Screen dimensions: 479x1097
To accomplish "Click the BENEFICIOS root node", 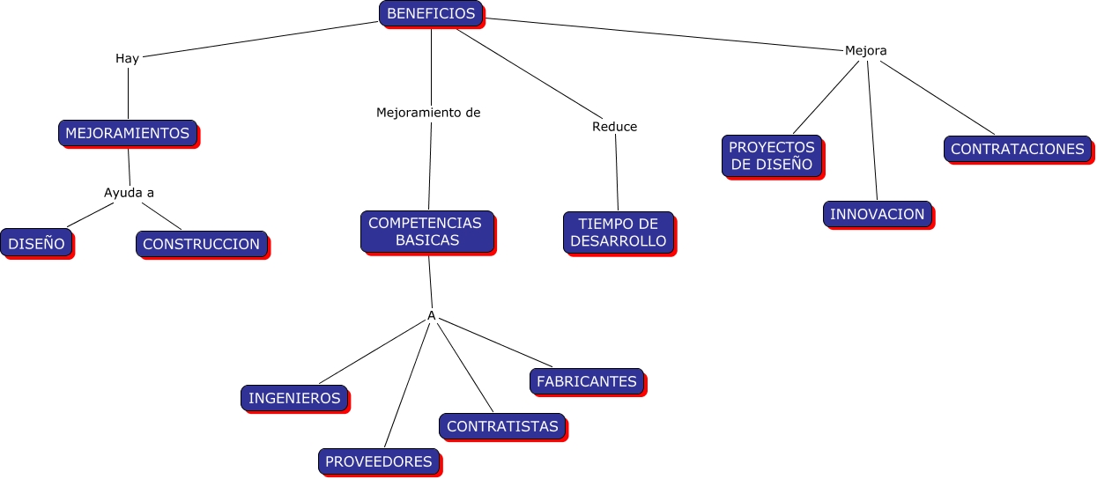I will (x=431, y=13).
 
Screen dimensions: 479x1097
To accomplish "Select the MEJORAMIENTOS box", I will (x=127, y=133).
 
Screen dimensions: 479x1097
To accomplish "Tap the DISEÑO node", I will (x=36, y=243).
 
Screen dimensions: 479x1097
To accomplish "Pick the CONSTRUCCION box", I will (x=201, y=244).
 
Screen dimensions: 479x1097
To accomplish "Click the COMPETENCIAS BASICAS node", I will (x=426, y=232).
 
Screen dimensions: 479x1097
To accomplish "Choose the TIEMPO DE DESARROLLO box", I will (x=619, y=232).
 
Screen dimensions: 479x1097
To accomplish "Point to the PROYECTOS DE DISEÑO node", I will (x=772, y=156).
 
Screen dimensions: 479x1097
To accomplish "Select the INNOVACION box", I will (x=878, y=214).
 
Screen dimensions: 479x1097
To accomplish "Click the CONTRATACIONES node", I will (x=1018, y=149).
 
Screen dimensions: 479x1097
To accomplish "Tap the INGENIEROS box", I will (x=294, y=398).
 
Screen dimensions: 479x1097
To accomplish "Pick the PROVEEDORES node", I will (x=379, y=461).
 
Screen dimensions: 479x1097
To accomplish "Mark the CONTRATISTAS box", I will (x=502, y=426).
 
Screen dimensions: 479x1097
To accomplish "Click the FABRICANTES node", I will (x=587, y=381).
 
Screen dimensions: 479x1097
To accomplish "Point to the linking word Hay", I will (x=127, y=59).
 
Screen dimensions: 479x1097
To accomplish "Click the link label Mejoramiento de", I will (x=428, y=113).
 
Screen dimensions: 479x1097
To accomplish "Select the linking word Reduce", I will (x=614, y=127).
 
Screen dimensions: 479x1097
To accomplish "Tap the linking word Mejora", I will (x=865, y=50).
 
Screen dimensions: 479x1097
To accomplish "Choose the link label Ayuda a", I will (x=130, y=193).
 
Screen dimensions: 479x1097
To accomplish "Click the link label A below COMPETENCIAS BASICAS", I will (x=432, y=315).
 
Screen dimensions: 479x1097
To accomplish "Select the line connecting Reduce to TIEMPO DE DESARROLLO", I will (x=617, y=173).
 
